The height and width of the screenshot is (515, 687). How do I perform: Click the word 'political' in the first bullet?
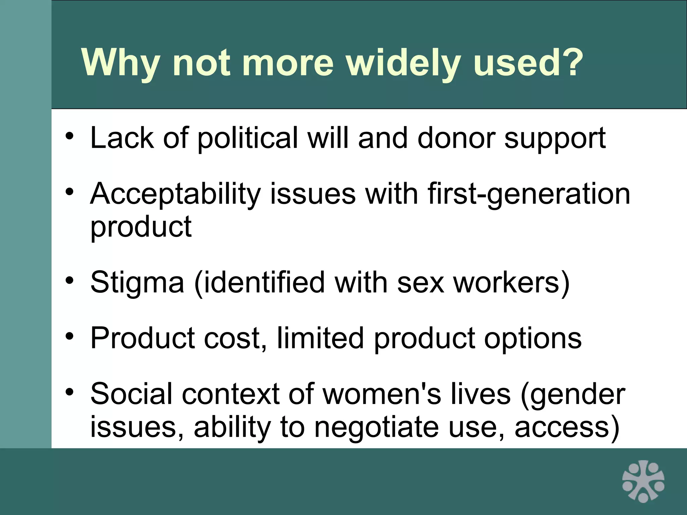coord(248,138)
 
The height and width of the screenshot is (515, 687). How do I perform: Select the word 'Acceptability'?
coord(175,194)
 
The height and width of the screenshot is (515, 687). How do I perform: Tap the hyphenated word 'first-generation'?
coord(529,194)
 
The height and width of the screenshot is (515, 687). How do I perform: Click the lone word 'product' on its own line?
coord(141,227)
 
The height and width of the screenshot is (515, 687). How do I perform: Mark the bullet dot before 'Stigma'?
coord(69,280)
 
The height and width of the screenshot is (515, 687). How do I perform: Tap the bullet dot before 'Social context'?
coord(69,392)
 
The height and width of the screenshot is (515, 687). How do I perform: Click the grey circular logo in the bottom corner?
coord(643,481)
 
